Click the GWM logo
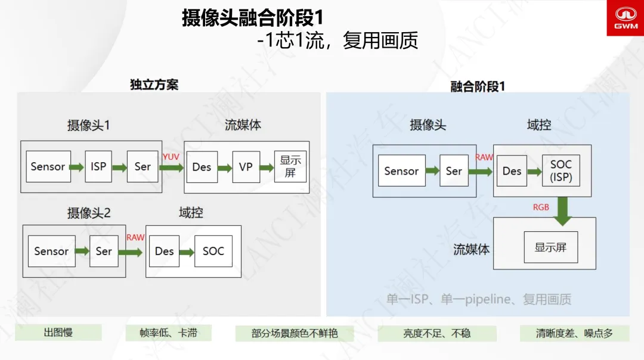(x=626, y=18)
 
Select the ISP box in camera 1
(x=98, y=166)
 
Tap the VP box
(x=246, y=167)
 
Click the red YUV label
(x=171, y=157)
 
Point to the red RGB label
(x=541, y=207)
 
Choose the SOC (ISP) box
(x=561, y=170)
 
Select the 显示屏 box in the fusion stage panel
(x=551, y=247)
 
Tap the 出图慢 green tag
(x=58, y=332)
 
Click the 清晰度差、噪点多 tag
(x=574, y=333)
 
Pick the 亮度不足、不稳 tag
(x=437, y=333)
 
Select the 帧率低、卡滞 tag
(x=168, y=333)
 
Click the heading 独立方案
(x=154, y=85)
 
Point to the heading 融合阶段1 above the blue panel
(x=478, y=86)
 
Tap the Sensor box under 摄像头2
(x=51, y=251)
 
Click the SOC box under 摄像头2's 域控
(x=213, y=251)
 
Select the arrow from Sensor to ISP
(x=76, y=167)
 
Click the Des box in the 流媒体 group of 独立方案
(x=202, y=167)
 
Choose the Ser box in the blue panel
(x=454, y=170)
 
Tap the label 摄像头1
(x=89, y=125)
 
